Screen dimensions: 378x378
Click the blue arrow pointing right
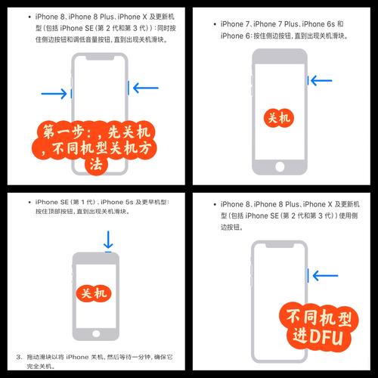[55, 94]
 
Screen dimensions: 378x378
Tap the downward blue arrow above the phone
[108, 239]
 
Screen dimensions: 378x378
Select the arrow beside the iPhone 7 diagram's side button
[322, 79]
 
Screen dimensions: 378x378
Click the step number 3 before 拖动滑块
[18, 355]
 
